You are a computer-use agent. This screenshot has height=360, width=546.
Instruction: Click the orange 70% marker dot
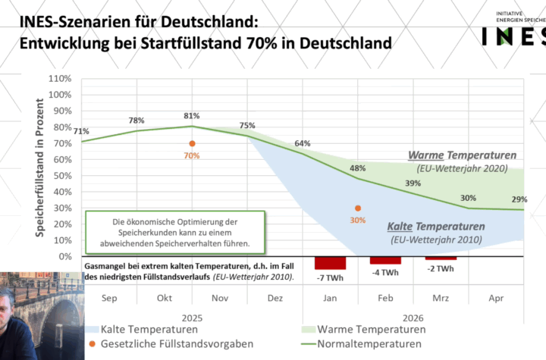(192, 143)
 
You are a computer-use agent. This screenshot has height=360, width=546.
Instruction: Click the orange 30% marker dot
(358, 208)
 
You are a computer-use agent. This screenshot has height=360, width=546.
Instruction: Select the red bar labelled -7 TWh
(330, 263)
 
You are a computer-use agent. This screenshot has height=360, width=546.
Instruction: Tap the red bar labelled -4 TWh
(385, 260)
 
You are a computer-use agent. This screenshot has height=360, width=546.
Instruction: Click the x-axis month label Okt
(164, 299)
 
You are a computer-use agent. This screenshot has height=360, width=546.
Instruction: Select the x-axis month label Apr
(496, 299)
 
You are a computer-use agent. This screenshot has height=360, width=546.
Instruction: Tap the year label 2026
(413, 317)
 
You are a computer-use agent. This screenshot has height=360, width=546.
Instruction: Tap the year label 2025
(192, 317)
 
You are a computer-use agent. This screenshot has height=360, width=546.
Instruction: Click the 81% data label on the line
(191, 116)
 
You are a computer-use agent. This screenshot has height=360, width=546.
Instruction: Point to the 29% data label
(519, 199)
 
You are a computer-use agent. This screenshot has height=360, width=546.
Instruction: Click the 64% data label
(303, 143)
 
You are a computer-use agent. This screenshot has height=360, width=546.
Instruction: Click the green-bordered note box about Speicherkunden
(175, 233)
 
